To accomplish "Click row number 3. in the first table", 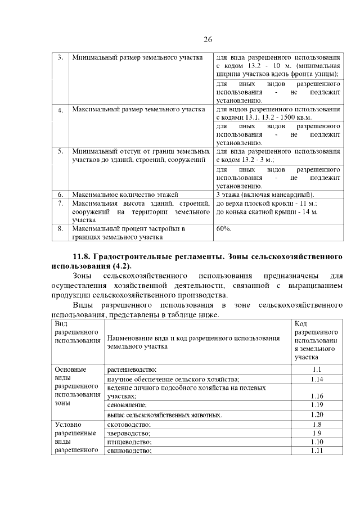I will click(x=60, y=58).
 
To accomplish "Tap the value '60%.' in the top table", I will click(x=223, y=229).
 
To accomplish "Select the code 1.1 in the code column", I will click(x=316, y=370).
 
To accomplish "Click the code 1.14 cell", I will click(x=316, y=380).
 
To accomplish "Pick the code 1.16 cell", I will click(x=316, y=396).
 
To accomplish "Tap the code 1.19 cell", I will click(x=316, y=405).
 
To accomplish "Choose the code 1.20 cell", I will click(x=316, y=415).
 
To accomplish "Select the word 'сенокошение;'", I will click(x=127, y=405).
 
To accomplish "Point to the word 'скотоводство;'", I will click(x=129, y=425).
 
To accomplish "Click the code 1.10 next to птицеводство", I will click(x=316, y=442).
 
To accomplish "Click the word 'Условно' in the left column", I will click(x=66, y=425).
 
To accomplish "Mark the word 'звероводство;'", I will click(x=129, y=434).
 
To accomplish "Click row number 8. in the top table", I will click(x=60, y=229).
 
